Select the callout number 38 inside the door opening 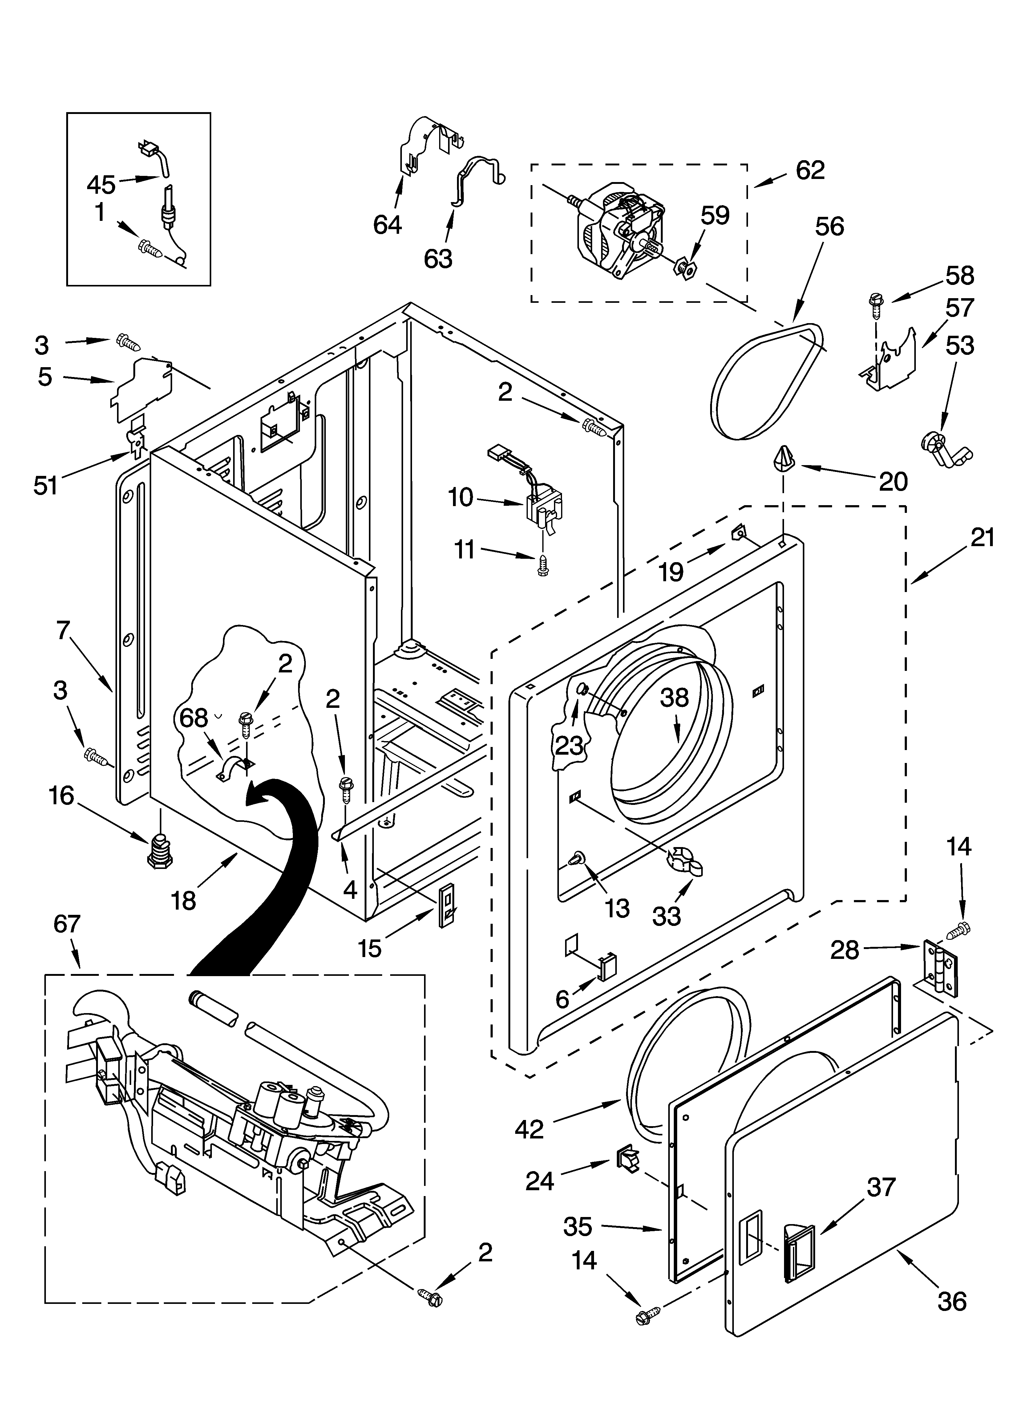point(674,698)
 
